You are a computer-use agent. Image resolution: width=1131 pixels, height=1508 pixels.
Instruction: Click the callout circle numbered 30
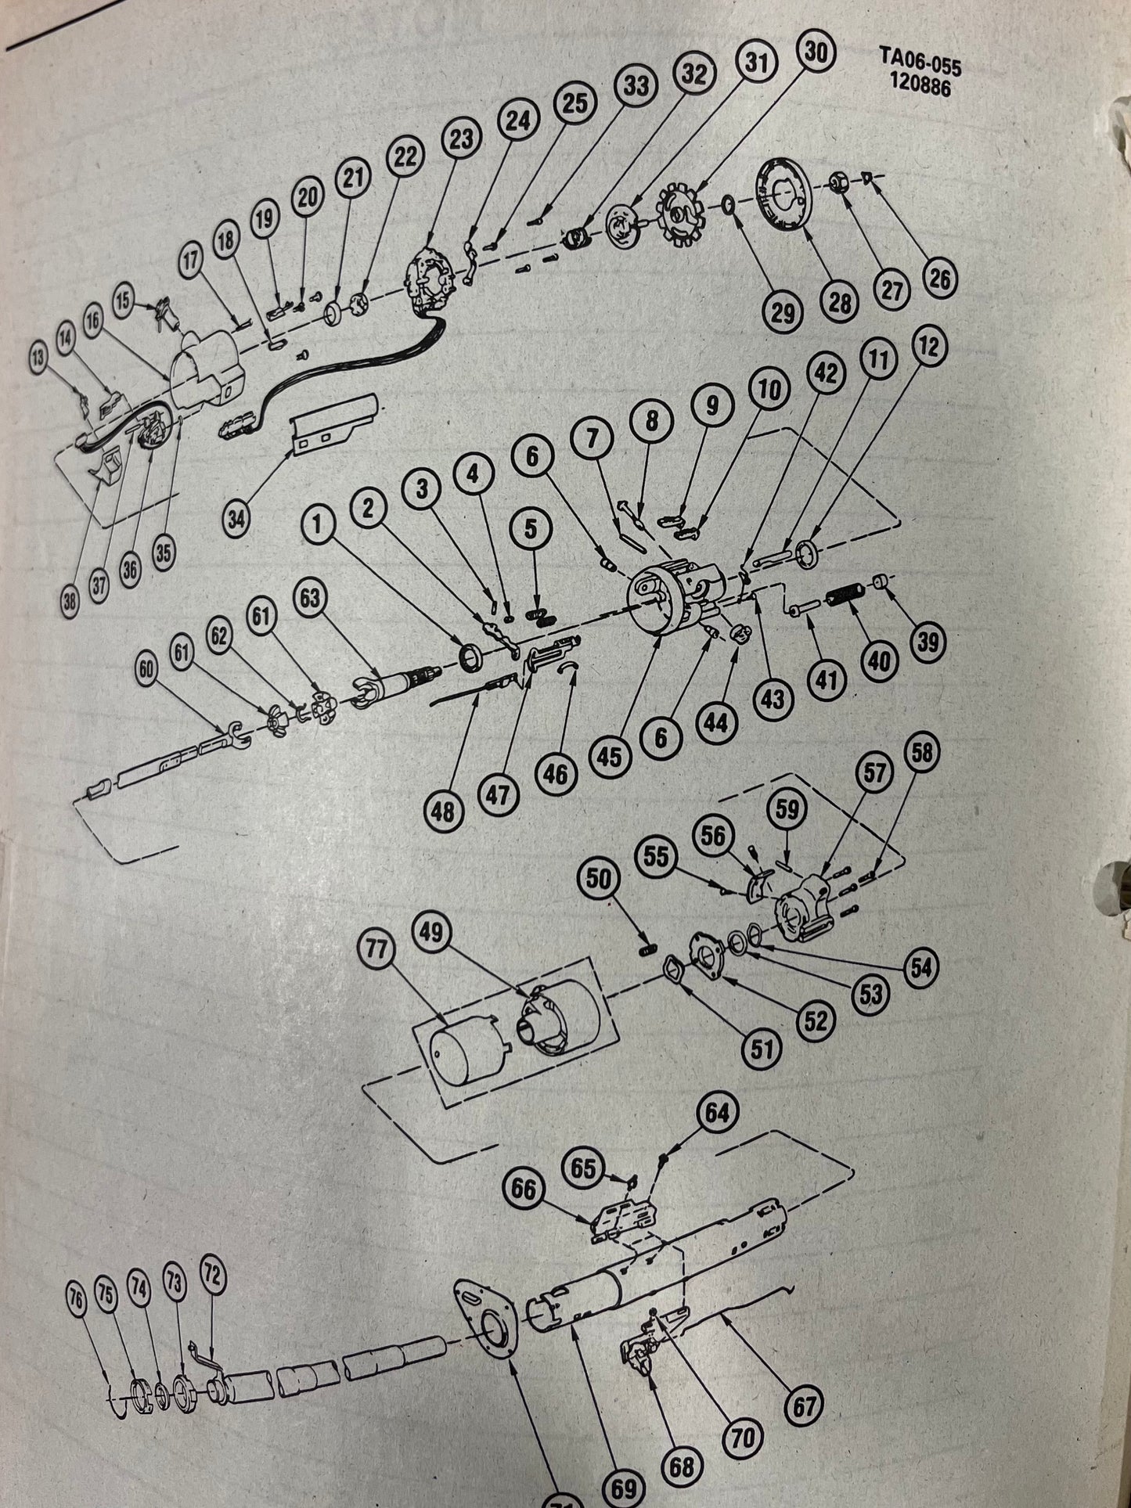[815, 53]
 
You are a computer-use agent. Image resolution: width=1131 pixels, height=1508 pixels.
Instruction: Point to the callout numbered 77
[381, 952]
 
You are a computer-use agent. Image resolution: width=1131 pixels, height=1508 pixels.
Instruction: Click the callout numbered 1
[317, 525]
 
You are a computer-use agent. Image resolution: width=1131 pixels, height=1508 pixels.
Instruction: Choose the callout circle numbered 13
[38, 358]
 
